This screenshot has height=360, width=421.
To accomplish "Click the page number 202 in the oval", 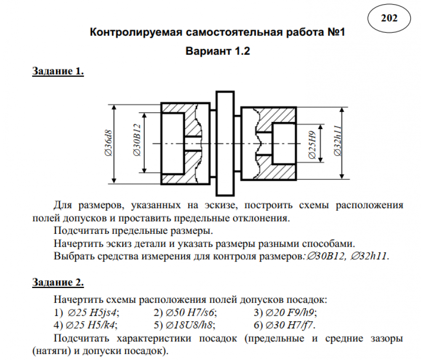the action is [389, 18].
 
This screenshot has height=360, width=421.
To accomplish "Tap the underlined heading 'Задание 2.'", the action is [58, 283].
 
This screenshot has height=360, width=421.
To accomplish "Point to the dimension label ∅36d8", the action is [108, 144].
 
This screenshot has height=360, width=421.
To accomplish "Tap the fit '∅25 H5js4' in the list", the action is [93, 313].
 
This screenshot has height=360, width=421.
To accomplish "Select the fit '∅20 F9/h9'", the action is [290, 313].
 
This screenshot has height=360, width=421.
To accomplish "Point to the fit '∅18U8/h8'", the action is [189, 326].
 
